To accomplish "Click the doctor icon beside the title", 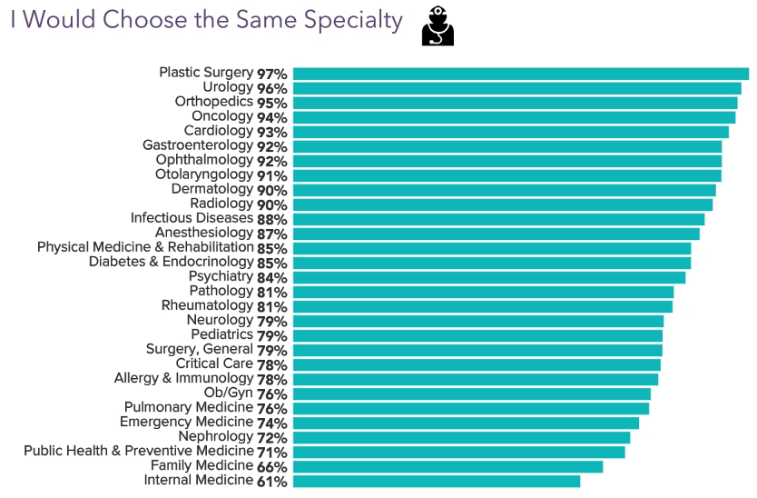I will click(437, 26).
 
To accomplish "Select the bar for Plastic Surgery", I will click(520, 74).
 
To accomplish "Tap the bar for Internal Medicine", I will click(436, 481).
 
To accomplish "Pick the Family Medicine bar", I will click(447, 466).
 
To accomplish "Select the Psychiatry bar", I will click(488, 277).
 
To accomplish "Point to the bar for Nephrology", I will click(461, 437).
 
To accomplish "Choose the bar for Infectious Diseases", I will click(498, 219).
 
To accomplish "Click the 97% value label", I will click(271, 74).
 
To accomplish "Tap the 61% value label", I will click(271, 481).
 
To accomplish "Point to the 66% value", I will click(271, 466).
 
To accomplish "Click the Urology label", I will click(228, 87).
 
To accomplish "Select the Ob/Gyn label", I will click(229, 393).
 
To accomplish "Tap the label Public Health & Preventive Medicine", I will click(138, 451).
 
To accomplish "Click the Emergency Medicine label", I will click(186, 422).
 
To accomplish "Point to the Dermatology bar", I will click(504, 190).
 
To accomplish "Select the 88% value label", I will click(271, 219).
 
